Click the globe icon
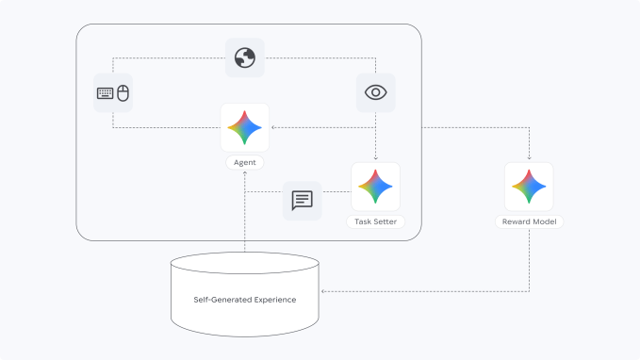coord(245,57)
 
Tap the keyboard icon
coord(105,93)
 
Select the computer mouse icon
coord(123,93)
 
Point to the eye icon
coord(376,92)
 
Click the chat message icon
coord(302,200)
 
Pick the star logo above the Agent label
coord(244,127)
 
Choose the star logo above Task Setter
coord(375,186)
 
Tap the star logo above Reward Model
coord(529,186)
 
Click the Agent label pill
coord(244,162)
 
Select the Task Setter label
coord(375,222)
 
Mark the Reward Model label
coord(529,222)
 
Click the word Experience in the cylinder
coord(273,300)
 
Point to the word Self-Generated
coord(221,300)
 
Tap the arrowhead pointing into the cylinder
coord(324,291)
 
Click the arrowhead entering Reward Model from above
coord(529,158)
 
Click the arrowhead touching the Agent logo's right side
coord(273,127)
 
